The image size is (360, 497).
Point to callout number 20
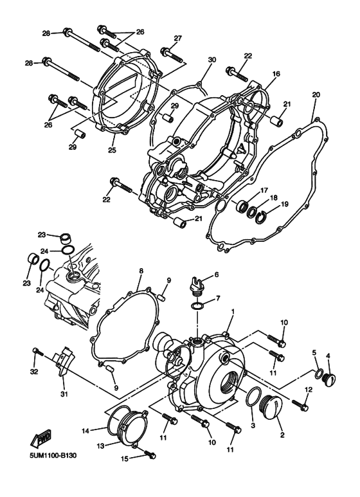coord(316,95)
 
